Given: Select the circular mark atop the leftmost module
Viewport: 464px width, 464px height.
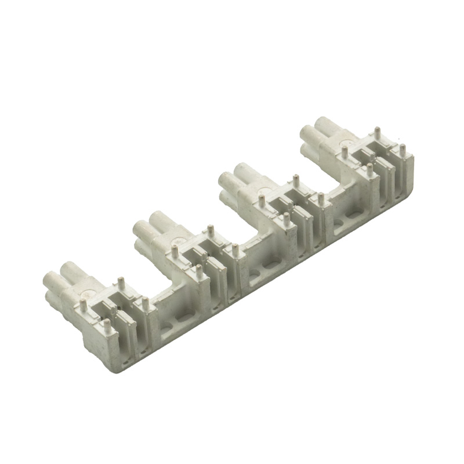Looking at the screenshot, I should (88, 294).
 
